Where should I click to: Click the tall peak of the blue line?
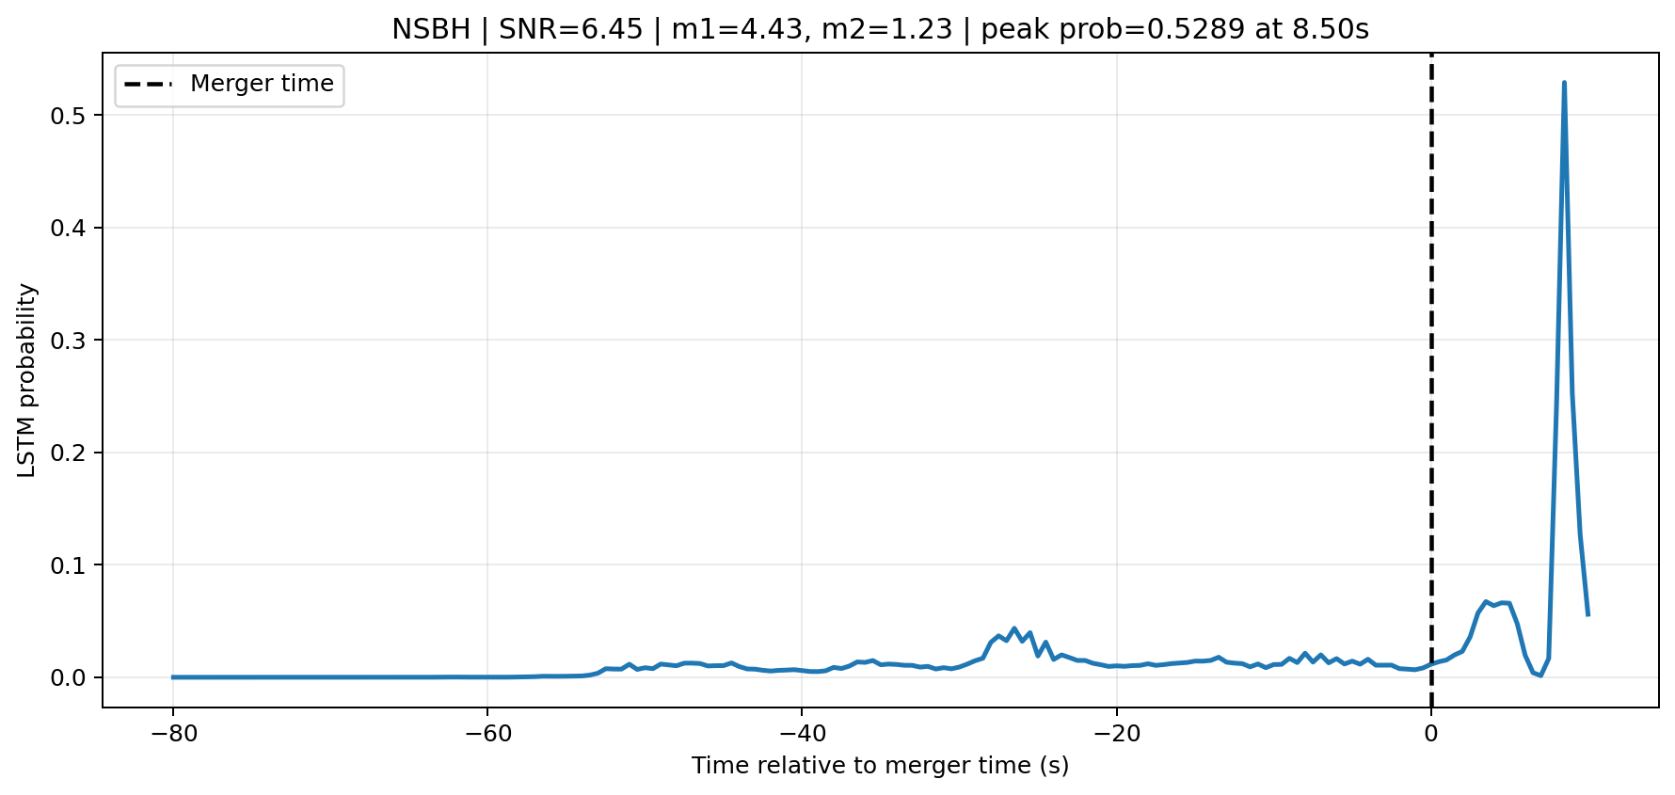pyautogui.click(x=1564, y=83)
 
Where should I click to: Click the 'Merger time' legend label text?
pyautogui.click(x=262, y=84)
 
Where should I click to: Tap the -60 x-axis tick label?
pyautogui.click(x=487, y=733)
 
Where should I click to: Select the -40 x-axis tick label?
pyautogui.click(x=801, y=733)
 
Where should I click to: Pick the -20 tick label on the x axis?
pyautogui.click(x=1116, y=733)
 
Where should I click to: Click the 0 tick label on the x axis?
pyautogui.click(x=1431, y=733)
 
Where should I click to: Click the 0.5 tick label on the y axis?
pyautogui.click(x=73, y=116)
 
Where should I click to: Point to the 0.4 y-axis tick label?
pyautogui.click(x=73, y=229)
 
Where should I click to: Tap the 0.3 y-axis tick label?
pyautogui.click(x=73, y=341)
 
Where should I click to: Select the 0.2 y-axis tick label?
pyautogui.click(x=73, y=453)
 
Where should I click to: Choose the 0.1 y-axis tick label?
pyautogui.click(x=73, y=565)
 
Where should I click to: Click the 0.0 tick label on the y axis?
pyautogui.click(x=73, y=677)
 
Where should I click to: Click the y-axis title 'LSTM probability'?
pyautogui.click(x=27, y=380)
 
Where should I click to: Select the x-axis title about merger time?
pyautogui.click(x=880, y=766)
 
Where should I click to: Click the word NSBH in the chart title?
pyautogui.click(x=431, y=30)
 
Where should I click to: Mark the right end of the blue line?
pyautogui.click(x=1587, y=614)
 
